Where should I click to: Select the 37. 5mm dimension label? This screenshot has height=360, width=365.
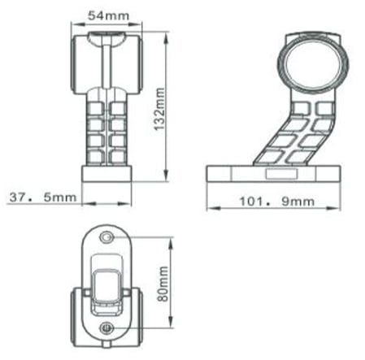(x=41, y=196)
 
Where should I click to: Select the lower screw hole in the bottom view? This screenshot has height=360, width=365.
(x=106, y=327)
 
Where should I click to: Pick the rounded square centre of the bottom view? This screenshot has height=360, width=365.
(x=106, y=284)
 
